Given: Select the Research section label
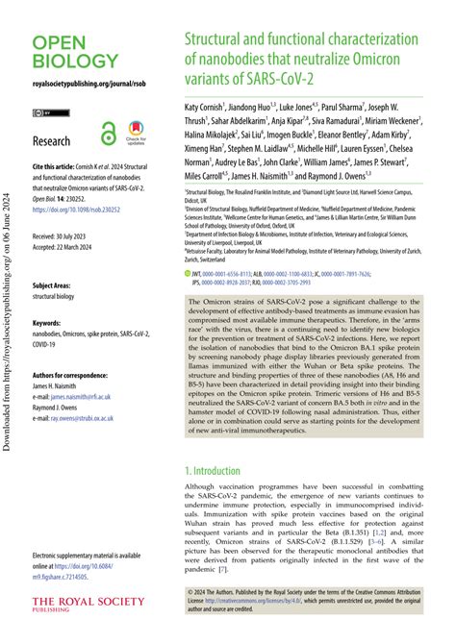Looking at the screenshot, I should (52, 141).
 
